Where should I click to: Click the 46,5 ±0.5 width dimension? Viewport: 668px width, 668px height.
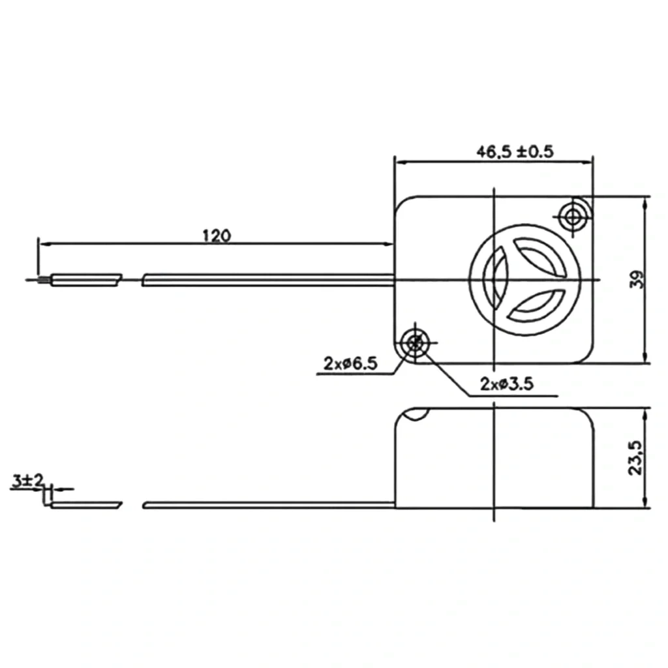515,151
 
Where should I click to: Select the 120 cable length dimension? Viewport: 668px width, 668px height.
217,235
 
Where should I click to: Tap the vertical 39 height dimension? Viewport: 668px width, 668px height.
637,279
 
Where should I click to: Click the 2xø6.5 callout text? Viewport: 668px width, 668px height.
350,363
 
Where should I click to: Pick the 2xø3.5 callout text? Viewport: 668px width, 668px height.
507,384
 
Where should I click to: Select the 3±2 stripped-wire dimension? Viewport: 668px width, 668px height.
27,481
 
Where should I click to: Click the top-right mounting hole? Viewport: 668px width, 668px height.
573,217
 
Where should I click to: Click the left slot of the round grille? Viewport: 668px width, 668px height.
494,280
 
